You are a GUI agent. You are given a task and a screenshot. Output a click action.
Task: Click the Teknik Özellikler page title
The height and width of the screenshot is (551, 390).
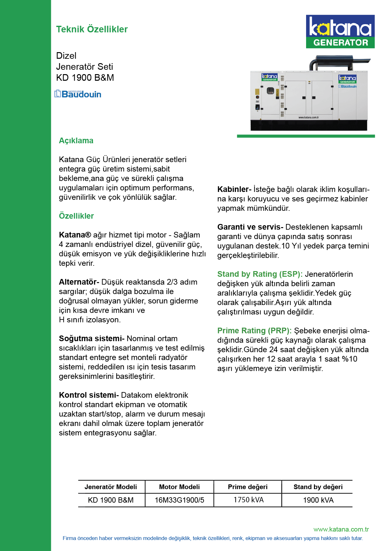[92, 29]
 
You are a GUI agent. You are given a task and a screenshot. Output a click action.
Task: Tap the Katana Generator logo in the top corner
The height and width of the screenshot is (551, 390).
[340, 31]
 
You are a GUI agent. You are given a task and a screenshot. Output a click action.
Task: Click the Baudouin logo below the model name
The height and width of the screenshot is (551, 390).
[78, 94]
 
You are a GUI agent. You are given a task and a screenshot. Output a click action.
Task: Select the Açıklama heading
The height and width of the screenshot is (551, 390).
[76, 140]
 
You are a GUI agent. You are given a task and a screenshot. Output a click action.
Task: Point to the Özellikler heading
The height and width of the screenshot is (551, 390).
[76, 216]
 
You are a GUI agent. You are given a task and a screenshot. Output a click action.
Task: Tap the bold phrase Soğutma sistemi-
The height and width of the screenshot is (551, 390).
[92, 338]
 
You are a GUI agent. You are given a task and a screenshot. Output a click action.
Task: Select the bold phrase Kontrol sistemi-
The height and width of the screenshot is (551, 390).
[89, 395]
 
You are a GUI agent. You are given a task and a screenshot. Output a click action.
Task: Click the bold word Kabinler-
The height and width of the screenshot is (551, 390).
[234, 189]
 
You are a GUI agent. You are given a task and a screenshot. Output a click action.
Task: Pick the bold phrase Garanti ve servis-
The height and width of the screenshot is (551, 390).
[250, 227]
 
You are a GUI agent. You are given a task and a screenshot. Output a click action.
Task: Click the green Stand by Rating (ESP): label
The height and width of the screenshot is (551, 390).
[260, 274]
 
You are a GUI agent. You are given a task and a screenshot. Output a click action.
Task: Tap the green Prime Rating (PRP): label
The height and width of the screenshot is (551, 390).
[254, 330]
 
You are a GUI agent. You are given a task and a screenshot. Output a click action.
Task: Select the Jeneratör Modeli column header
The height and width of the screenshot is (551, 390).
[111, 487]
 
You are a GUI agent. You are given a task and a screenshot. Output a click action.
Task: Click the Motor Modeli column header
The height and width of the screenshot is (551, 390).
[179, 487]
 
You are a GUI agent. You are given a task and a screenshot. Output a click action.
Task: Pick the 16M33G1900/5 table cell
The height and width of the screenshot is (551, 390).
[179, 500]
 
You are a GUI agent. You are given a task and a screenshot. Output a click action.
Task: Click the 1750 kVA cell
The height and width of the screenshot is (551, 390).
[248, 500]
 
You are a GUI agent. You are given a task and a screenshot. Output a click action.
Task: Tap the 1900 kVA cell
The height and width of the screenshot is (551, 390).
[318, 500]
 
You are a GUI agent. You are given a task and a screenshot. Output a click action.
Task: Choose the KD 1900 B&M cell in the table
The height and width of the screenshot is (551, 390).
[111, 500]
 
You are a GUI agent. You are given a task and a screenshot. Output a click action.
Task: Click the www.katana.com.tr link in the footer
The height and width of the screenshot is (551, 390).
[341, 529]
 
